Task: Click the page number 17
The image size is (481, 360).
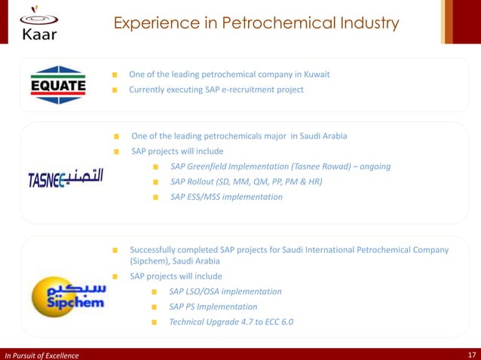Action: tap(470, 355)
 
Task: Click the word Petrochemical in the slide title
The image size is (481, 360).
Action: tap(257, 23)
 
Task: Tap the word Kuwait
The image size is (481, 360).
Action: tap(314, 75)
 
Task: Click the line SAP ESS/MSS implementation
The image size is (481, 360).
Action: tap(226, 197)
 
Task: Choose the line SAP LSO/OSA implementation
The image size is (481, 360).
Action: tap(225, 291)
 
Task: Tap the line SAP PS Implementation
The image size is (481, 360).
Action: tap(213, 307)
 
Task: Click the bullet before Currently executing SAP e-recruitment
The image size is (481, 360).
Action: tap(115, 90)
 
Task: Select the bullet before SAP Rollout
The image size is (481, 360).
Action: tap(155, 182)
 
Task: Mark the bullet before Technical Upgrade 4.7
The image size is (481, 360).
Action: tap(154, 322)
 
